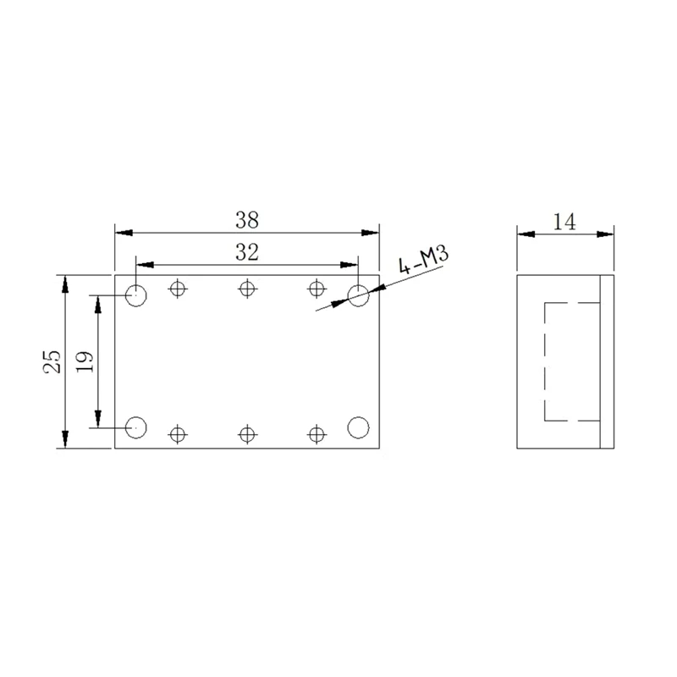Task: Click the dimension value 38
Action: coord(247,220)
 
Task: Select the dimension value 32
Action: coord(247,251)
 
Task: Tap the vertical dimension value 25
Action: coord(52,361)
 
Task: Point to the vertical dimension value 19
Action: coord(85,361)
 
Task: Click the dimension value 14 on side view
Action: coord(564,222)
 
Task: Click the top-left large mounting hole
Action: coord(136,295)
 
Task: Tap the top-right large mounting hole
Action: coord(359,295)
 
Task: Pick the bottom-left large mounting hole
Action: coord(136,427)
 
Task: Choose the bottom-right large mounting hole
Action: coord(359,427)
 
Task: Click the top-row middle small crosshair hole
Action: coord(246,289)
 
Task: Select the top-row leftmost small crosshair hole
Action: coord(177,289)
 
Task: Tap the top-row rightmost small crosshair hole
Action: coord(316,289)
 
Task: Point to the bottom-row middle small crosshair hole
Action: coord(246,434)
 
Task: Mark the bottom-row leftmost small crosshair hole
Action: coord(177,434)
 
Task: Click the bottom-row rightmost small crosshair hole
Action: coord(316,434)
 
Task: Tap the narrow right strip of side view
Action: coord(605,361)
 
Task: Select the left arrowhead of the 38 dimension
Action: coord(121,232)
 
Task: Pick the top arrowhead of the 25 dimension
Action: coord(64,281)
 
